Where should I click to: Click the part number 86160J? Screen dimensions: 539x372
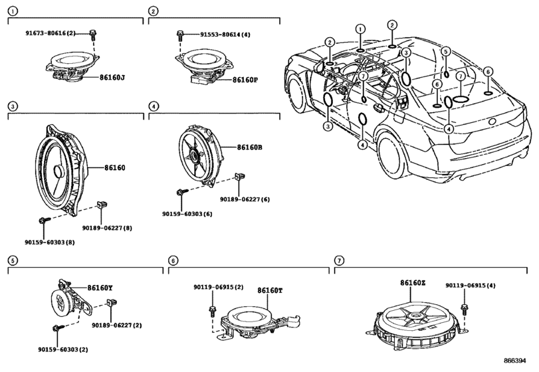tap(112, 78)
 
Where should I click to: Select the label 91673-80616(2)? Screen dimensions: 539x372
tap(51, 33)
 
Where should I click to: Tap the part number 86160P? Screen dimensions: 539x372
tap(245, 80)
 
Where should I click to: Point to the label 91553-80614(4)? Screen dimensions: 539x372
tap(225, 35)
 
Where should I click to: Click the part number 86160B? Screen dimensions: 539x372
tap(250, 147)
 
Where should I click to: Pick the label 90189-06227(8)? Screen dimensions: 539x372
tap(107, 228)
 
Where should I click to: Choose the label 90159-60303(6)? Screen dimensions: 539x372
tap(187, 214)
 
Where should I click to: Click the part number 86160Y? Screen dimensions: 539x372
tap(100, 288)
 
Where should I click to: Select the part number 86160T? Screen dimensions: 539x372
tap(270, 290)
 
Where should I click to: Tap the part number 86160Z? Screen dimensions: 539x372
tap(413, 283)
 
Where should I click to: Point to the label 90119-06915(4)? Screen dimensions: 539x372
tap(471, 286)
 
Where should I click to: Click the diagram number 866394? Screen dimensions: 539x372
tap(515, 360)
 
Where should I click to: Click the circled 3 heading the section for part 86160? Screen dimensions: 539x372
tap(13, 106)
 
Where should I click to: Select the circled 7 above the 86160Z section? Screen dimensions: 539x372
tap(339, 260)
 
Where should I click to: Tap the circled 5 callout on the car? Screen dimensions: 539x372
tap(445, 52)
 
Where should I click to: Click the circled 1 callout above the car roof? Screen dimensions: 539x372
tap(360, 29)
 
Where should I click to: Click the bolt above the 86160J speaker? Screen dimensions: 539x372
tap(92, 34)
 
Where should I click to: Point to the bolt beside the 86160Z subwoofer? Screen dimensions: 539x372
tap(465, 308)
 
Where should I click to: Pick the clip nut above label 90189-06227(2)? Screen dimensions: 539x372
tap(112, 303)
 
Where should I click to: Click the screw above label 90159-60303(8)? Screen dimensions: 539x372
tap(45, 220)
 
